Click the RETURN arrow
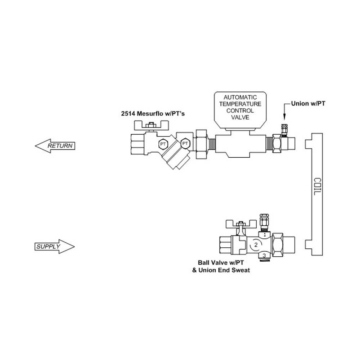point(55,145)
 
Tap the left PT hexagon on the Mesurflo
point(163,144)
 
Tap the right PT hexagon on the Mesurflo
point(185,144)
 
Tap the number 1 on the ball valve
point(265,235)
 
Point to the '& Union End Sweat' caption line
point(221,270)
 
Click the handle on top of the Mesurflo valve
point(151,126)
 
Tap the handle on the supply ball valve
point(240,224)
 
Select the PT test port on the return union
point(284,129)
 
